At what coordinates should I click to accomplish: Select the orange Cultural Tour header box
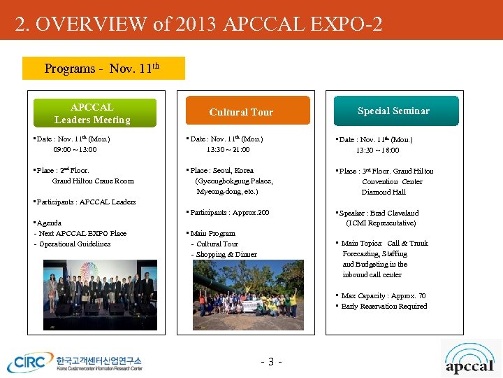[x=241, y=111]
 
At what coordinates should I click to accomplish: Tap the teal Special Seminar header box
[x=393, y=111]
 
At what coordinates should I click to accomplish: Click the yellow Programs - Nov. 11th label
[x=103, y=69]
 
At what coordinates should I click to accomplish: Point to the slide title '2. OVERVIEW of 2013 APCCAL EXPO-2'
[x=199, y=24]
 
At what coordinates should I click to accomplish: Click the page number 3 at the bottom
[x=270, y=362]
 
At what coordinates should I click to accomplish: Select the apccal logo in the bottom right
[x=469, y=358]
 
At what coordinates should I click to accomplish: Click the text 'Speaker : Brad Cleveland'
[x=380, y=213]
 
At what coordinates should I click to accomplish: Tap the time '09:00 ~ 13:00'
[x=75, y=150]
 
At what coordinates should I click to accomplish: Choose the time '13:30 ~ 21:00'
[x=228, y=150]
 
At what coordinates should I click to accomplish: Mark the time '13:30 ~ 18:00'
[x=378, y=150]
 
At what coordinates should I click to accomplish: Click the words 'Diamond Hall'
[x=384, y=192]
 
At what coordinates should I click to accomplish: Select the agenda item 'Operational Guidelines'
[x=75, y=244]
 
